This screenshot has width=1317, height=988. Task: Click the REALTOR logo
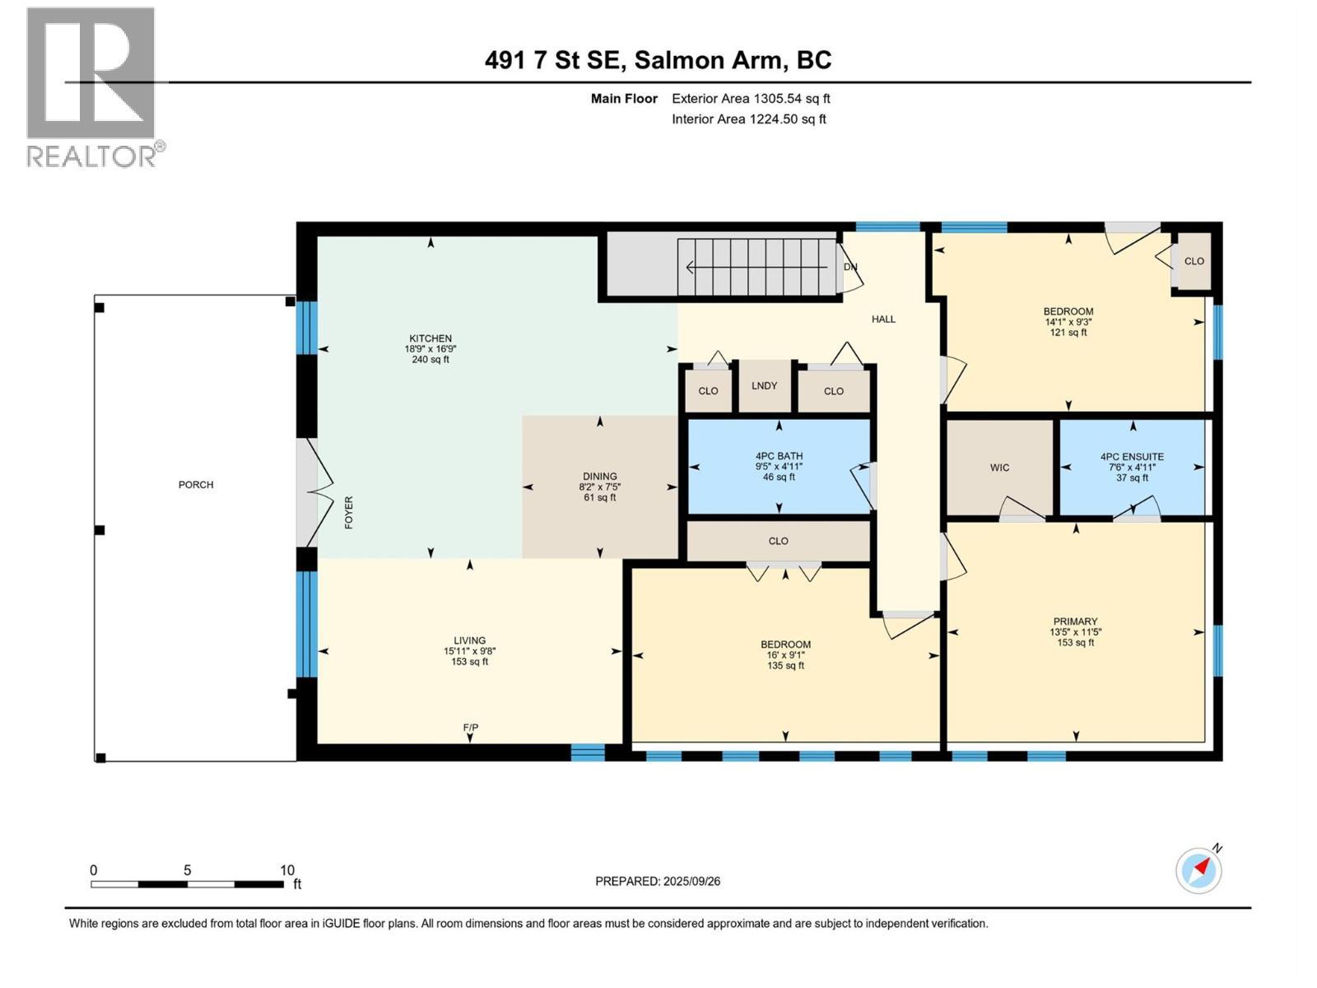tap(91, 86)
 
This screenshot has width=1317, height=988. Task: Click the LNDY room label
tap(764, 385)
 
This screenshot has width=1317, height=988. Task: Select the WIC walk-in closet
tap(999, 468)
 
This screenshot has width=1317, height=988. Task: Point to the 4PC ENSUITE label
tap(1132, 457)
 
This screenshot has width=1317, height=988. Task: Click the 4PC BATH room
tap(779, 466)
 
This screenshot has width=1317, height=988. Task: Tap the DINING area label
tap(599, 477)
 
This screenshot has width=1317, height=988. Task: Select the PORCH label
tap(196, 485)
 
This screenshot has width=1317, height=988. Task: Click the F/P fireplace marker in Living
tap(471, 728)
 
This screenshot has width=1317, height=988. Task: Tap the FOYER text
tap(349, 512)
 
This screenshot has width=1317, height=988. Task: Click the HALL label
tap(883, 319)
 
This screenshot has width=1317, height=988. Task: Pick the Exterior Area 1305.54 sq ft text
tap(750, 99)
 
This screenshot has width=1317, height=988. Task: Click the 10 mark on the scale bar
tap(286, 870)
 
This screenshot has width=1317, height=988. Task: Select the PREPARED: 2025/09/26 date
tap(658, 881)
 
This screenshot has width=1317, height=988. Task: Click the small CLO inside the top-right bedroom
tap(1194, 261)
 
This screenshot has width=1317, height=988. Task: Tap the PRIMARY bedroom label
tap(1075, 622)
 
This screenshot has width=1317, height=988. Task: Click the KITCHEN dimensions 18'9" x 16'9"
tap(430, 349)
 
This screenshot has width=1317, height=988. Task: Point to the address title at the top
tap(658, 60)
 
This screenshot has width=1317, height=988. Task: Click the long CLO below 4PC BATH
tap(778, 541)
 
